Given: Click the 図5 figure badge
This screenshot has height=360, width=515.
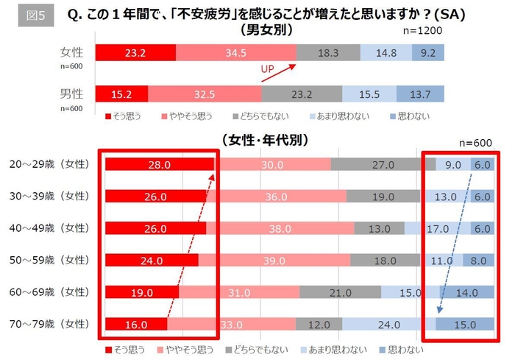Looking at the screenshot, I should pos(35,17).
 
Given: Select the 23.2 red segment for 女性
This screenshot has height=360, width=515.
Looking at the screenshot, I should pos(136,53).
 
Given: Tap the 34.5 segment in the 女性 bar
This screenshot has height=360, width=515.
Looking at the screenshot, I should pos(235,53).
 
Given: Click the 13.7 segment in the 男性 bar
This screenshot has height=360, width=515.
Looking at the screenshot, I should pos(421,94).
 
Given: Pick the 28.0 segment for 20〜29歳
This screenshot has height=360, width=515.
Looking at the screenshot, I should pos(159,165).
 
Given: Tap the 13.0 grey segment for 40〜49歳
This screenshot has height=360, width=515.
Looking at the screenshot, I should pos(381,229).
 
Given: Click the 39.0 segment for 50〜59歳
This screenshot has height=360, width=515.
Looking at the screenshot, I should pos(274,261).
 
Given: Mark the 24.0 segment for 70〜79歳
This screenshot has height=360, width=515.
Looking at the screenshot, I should pos(388,324).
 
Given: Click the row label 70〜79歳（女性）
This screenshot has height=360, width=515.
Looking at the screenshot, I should pos(51,323).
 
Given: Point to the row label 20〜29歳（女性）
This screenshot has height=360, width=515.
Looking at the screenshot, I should pos(51,164).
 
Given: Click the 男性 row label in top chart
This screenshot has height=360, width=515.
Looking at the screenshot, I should pos(71,93).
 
